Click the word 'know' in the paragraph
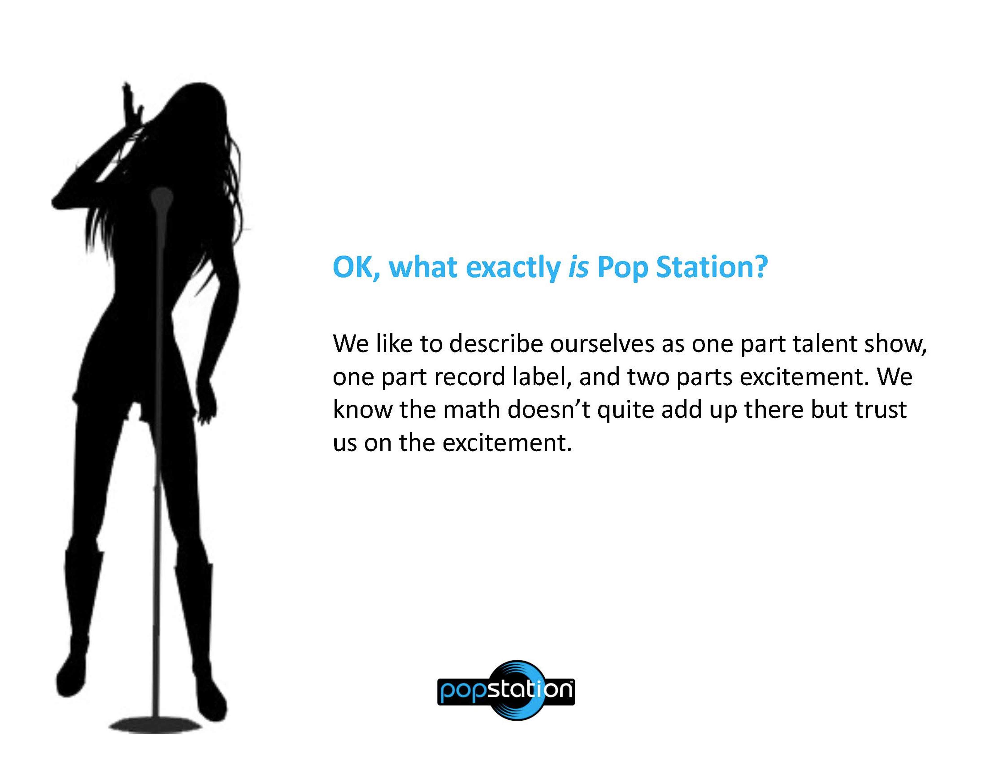click(362, 410)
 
